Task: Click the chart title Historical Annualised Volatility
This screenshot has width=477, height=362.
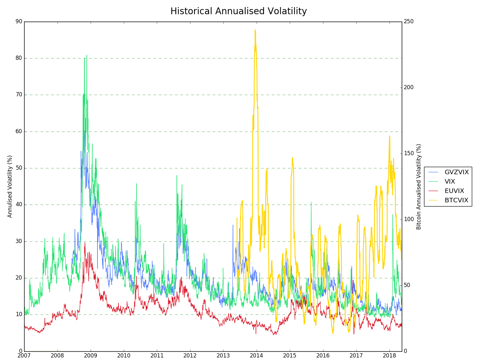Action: (238, 11)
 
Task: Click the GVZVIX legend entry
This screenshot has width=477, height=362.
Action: (456, 172)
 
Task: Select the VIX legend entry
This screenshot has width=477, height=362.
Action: (450, 182)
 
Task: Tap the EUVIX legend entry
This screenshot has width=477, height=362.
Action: (454, 191)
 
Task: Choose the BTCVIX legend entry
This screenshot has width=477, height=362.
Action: (456, 200)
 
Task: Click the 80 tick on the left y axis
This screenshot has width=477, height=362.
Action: (19, 58)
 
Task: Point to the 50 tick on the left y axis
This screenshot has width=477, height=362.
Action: (19, 168)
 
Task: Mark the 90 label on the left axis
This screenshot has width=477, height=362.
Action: (19, 22)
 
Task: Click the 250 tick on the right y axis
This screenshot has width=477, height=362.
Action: (409, 22)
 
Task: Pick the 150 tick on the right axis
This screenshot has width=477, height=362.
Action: (409, 154)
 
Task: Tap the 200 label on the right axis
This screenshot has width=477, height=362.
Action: (409, 88)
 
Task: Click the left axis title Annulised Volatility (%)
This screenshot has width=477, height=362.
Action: (10, 186)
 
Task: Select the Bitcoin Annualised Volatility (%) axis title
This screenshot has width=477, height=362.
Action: (419, 186)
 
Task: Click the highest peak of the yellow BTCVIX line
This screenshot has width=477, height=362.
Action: (255, 30)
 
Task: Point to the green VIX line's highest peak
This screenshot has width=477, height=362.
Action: (86, 55)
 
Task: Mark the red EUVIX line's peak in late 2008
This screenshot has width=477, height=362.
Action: (85, 243)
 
